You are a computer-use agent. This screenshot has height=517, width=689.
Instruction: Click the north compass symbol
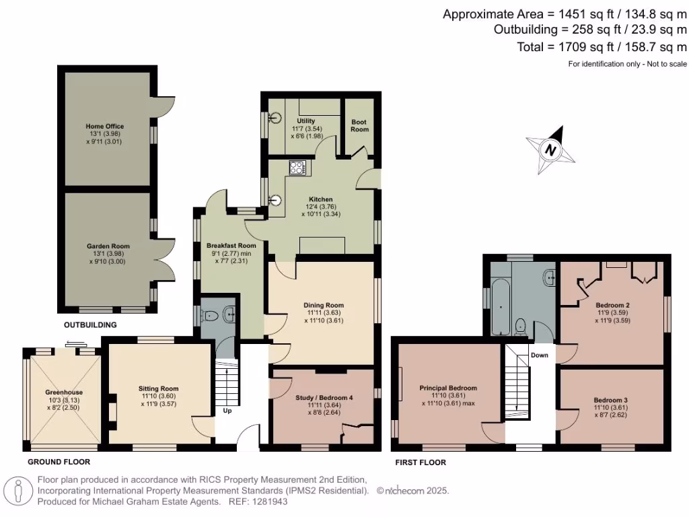pyautogui.click(x=550, y=150)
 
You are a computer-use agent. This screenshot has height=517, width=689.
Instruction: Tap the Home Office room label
pyautogui.click(x=104, y=126)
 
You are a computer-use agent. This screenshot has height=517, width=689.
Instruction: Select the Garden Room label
pyautogui.click(x=108, y=246)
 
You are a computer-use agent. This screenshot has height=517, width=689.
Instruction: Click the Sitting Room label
pyautogui.click(x=159, y=388)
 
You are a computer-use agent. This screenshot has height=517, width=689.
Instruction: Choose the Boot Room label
pyautogui.click(x=360, y=125)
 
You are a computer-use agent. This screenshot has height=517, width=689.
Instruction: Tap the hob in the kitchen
pyautogui.click(x=297, y=168)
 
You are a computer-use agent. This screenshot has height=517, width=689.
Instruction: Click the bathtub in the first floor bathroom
pyautogui.click(x=500, y=306)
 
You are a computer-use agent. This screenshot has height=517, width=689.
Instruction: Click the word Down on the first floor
pyautogui.click(x=539, y=355)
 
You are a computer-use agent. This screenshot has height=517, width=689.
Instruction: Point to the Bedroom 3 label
pyautogui.click(x=611, y=399)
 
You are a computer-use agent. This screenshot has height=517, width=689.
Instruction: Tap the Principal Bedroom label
pyautogui.click(x=448, y=388)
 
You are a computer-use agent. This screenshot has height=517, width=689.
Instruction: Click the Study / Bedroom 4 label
pyautogui.click(x=324, y=397)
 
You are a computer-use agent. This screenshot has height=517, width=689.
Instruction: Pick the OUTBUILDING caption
pyautogui.click(x=90, y=325)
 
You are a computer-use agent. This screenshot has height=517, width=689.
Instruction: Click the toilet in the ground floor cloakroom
pyautogui.click(x=211, y=315)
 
